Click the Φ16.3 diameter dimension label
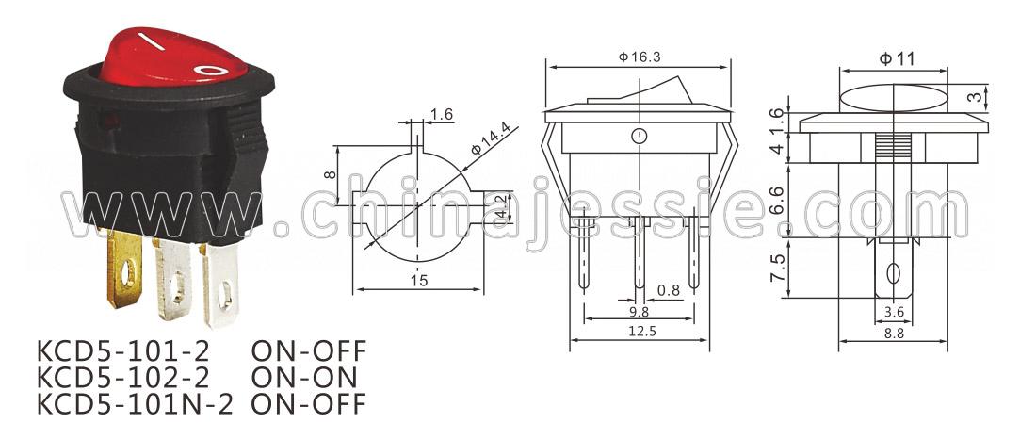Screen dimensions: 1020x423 [640, 57]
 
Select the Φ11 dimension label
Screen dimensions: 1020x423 [897, 59]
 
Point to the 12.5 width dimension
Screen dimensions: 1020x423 [640, 332]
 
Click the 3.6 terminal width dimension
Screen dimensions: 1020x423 [894, 313]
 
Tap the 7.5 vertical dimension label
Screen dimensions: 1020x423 [778, 268]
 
